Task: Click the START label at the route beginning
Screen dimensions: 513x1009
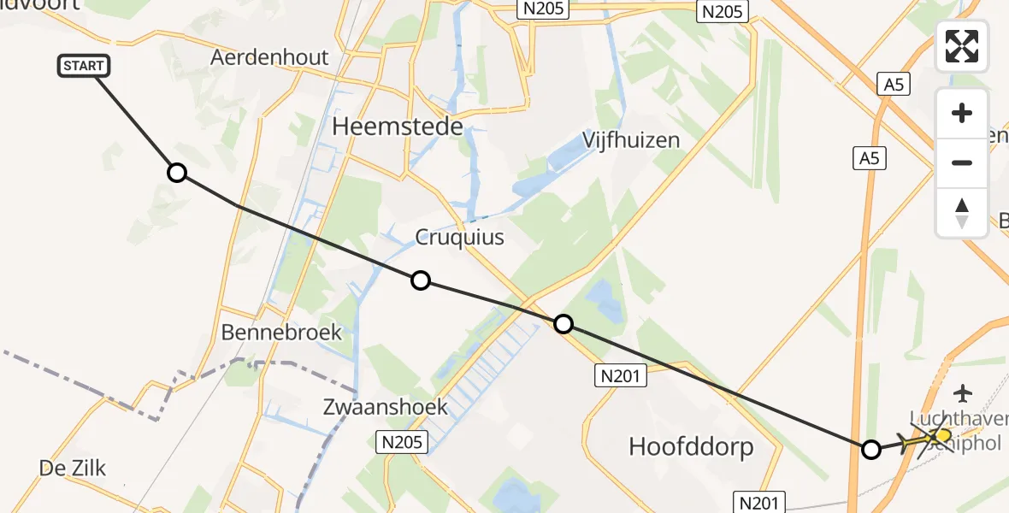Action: pyautogui.click(x=84, y=66)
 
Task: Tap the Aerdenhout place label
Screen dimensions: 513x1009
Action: pyautogui.click(x=269, y=57)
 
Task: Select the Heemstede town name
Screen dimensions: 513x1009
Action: pyautogui.click(x=398, y=127)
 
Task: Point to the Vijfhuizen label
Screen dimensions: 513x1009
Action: pyautogui.click(x=632, y=139)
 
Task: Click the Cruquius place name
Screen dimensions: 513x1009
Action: pyautogui.click(x=459, y=237)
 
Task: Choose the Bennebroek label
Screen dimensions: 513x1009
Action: pyautogui.click(x=281, y=332)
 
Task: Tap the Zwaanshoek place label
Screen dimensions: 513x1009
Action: pyautogui.click(x=385, y=406)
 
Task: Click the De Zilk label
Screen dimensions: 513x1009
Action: pyautogui.click(x=73, y=467)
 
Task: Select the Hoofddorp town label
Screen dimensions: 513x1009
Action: pyautogui.click(x=691, y=445)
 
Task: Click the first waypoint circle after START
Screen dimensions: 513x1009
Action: pyautogui.click(x=176, y=173)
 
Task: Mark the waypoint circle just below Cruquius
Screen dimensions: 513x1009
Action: pyautogui.click(x=421, y=280)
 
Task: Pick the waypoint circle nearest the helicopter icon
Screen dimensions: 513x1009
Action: pyautogui.click(x=870, y=449)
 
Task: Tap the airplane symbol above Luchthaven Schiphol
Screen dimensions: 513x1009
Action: pyautogui.click(x=964, y=393)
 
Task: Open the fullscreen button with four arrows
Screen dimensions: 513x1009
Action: pyautogui.click(x=962, y=46)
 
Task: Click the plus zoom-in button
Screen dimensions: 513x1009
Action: pyautogui.click(x=962, y=113)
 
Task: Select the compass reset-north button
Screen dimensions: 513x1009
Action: pyautogui.click(x=962, y=213)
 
